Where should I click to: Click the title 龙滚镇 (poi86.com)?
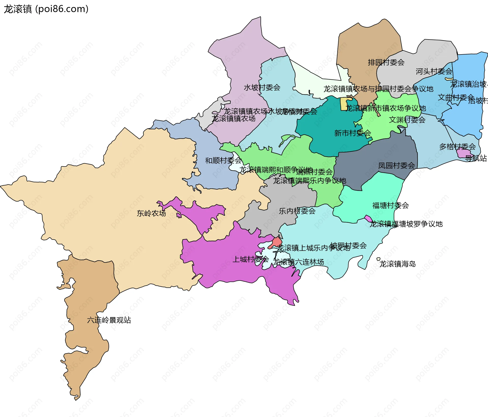(x=46, y=9)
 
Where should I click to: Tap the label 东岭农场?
(x=151, y=213)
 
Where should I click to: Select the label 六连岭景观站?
(x=109, y=320)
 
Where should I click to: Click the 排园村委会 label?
(x=386, y=62)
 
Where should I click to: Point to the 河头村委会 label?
(x=434, y=72)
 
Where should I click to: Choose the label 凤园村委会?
(x=396, y=166)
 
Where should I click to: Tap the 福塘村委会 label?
(x=390, y=205)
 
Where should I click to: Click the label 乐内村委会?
(x=297, y=211)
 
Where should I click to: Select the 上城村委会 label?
(x=251, y=259)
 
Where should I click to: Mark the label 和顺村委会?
(x=223, y=161)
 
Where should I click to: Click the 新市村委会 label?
(x=353, y=133)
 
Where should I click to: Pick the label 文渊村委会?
(x=407, y=120)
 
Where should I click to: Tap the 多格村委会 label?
(x=457, y=147)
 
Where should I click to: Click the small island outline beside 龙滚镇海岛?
(x=378, y=259)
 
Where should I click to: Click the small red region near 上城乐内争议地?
(x=277, y=242)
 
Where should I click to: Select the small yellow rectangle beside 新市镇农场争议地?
(x=344, y=104)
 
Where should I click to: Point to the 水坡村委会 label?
(x=262, y=88)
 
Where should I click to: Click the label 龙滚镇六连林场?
(x=298, y=262)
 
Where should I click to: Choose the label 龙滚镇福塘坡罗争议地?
(x=406, y=224)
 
